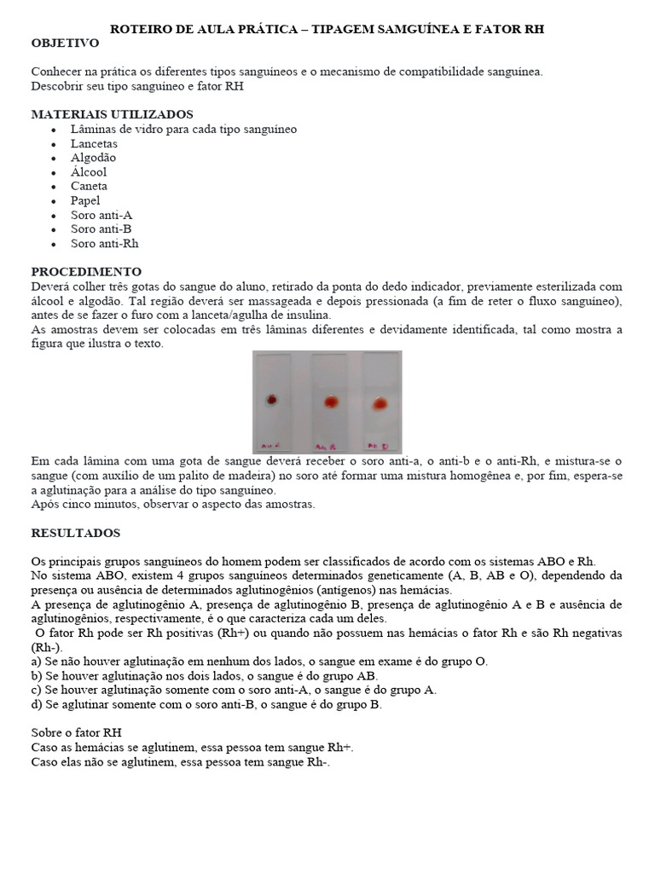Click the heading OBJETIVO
[65, 43]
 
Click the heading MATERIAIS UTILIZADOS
[112, 114]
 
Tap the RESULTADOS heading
[76, 533]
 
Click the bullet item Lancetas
[95, 143]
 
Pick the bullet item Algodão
[94, 158]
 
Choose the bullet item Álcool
[90, 171]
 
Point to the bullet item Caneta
[90, 186]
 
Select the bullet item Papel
[85, 200]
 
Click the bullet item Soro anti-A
[101, 215]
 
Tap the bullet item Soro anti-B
[101, 229]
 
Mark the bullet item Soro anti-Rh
[104, 244]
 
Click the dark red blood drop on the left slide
[273, 399]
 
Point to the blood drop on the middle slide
[329, 402]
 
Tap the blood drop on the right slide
[379, 402]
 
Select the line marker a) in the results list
[36, 662]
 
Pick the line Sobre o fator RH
[76, 732]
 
